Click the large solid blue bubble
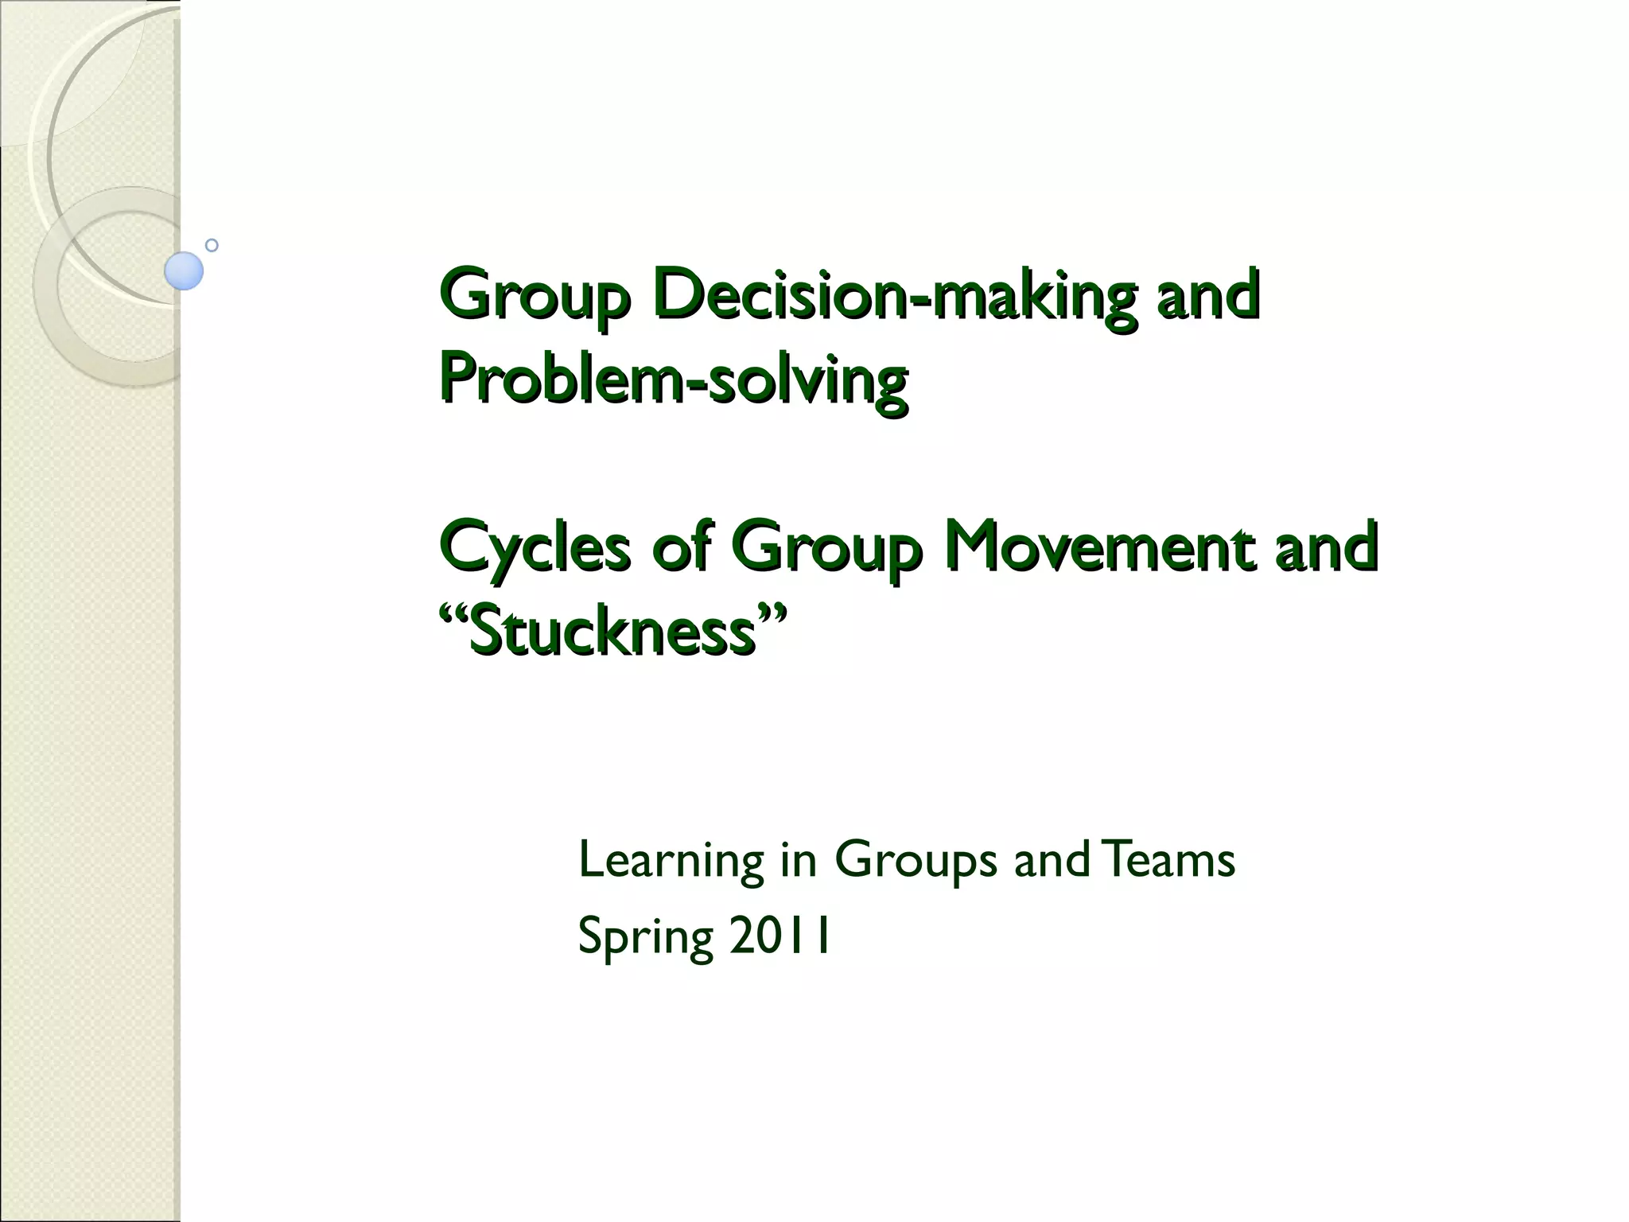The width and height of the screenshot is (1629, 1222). click(x=184, y=270)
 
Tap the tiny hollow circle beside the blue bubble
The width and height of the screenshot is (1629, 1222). click(x=212, y=245)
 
